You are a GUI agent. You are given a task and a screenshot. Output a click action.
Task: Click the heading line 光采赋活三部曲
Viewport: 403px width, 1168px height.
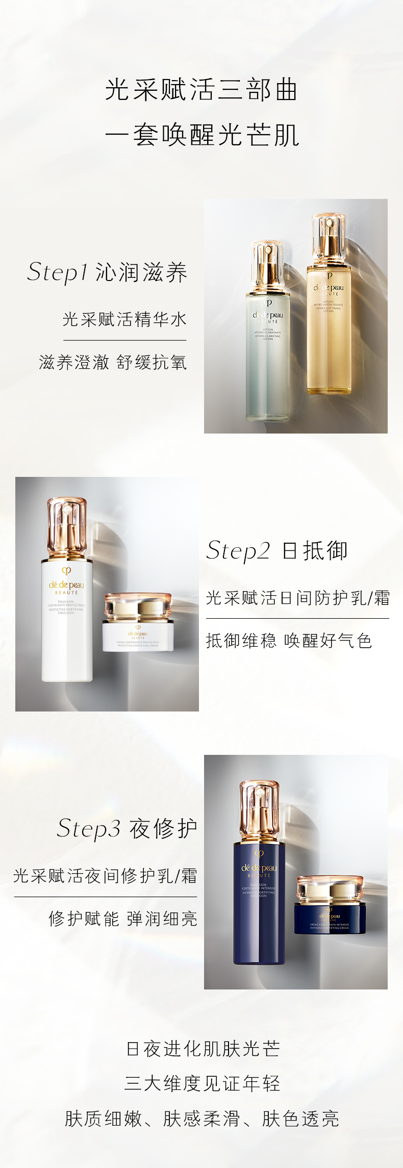[202, 90]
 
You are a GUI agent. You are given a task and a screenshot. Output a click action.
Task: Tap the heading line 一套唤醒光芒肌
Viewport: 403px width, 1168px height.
[202, 135]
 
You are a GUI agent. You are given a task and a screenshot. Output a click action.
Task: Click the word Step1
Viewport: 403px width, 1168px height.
[58, 272]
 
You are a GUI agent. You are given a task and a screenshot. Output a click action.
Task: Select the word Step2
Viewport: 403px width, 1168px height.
[238, 551]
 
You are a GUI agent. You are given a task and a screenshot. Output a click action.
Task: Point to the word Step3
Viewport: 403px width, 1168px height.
[88, 828]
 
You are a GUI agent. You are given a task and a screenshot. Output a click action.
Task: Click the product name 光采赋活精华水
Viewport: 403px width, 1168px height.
[125, 319]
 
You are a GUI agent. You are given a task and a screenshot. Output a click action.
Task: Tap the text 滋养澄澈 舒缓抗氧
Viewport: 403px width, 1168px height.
[113, 362]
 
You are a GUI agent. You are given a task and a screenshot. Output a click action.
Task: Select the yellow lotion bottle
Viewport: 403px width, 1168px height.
[329, 332]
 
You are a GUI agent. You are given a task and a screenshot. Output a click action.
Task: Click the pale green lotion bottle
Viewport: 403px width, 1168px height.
[267, 357]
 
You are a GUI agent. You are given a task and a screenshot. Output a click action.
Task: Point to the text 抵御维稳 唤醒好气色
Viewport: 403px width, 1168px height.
[289, 641]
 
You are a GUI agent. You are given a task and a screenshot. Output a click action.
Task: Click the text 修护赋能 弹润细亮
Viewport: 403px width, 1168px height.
[123, 919]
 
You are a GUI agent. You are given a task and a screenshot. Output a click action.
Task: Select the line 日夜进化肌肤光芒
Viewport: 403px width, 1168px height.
[203, 1049]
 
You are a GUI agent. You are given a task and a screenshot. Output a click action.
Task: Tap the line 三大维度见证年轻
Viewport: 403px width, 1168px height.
[203, 1083]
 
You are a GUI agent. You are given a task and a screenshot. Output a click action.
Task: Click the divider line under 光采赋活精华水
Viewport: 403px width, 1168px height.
[125, 340]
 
